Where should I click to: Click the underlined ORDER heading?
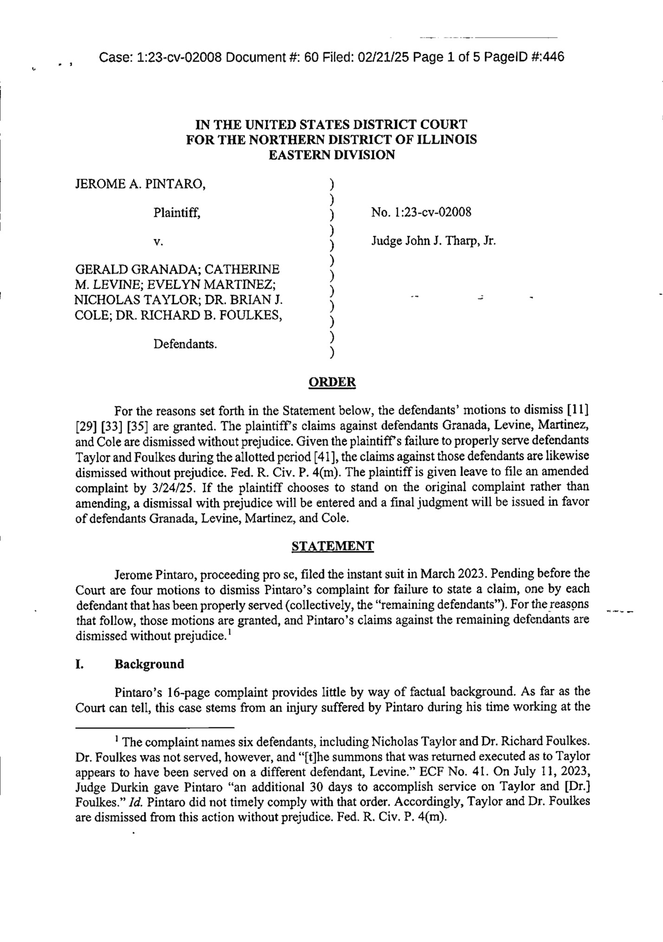(x=332, y=382)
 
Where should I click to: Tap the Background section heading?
(x=149, y=664)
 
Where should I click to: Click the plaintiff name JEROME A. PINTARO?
(x=140, y=184)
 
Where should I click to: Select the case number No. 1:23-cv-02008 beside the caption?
(x=421, y=213)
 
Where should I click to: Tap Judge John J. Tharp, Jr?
(x=433, y=241)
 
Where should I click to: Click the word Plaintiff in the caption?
(x=177, y=213)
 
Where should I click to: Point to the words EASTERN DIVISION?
(x=332, y=155)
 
